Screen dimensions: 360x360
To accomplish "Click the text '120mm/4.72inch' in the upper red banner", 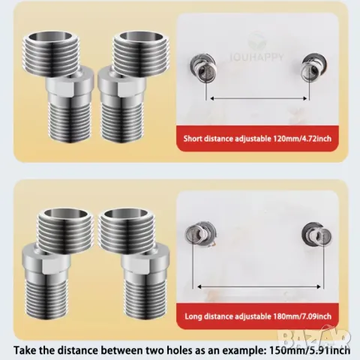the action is point(301,138).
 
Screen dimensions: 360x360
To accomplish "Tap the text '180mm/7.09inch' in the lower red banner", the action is point(301,316).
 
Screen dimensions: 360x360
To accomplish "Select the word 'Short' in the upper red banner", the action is point(193,138).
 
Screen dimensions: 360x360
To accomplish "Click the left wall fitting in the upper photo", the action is point(202,67).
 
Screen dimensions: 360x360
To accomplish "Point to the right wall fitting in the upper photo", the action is point(314,67).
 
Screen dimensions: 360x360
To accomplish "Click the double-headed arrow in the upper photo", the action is point(259,98).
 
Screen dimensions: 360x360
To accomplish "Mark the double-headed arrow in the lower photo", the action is point(259,286).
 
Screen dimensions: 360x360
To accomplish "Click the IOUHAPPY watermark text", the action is point(257,57).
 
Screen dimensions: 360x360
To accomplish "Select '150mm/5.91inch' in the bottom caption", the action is point(309,350).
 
